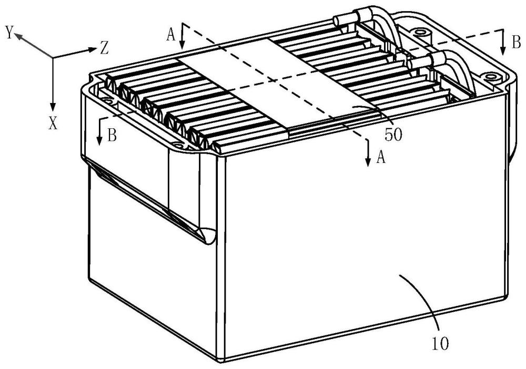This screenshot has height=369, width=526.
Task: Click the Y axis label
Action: tap(8, 33)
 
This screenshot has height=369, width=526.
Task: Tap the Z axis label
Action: tap(104, 49)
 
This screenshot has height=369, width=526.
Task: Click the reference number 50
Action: tap(393, 134)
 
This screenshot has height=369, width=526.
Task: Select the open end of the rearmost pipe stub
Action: tap(336, 22)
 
